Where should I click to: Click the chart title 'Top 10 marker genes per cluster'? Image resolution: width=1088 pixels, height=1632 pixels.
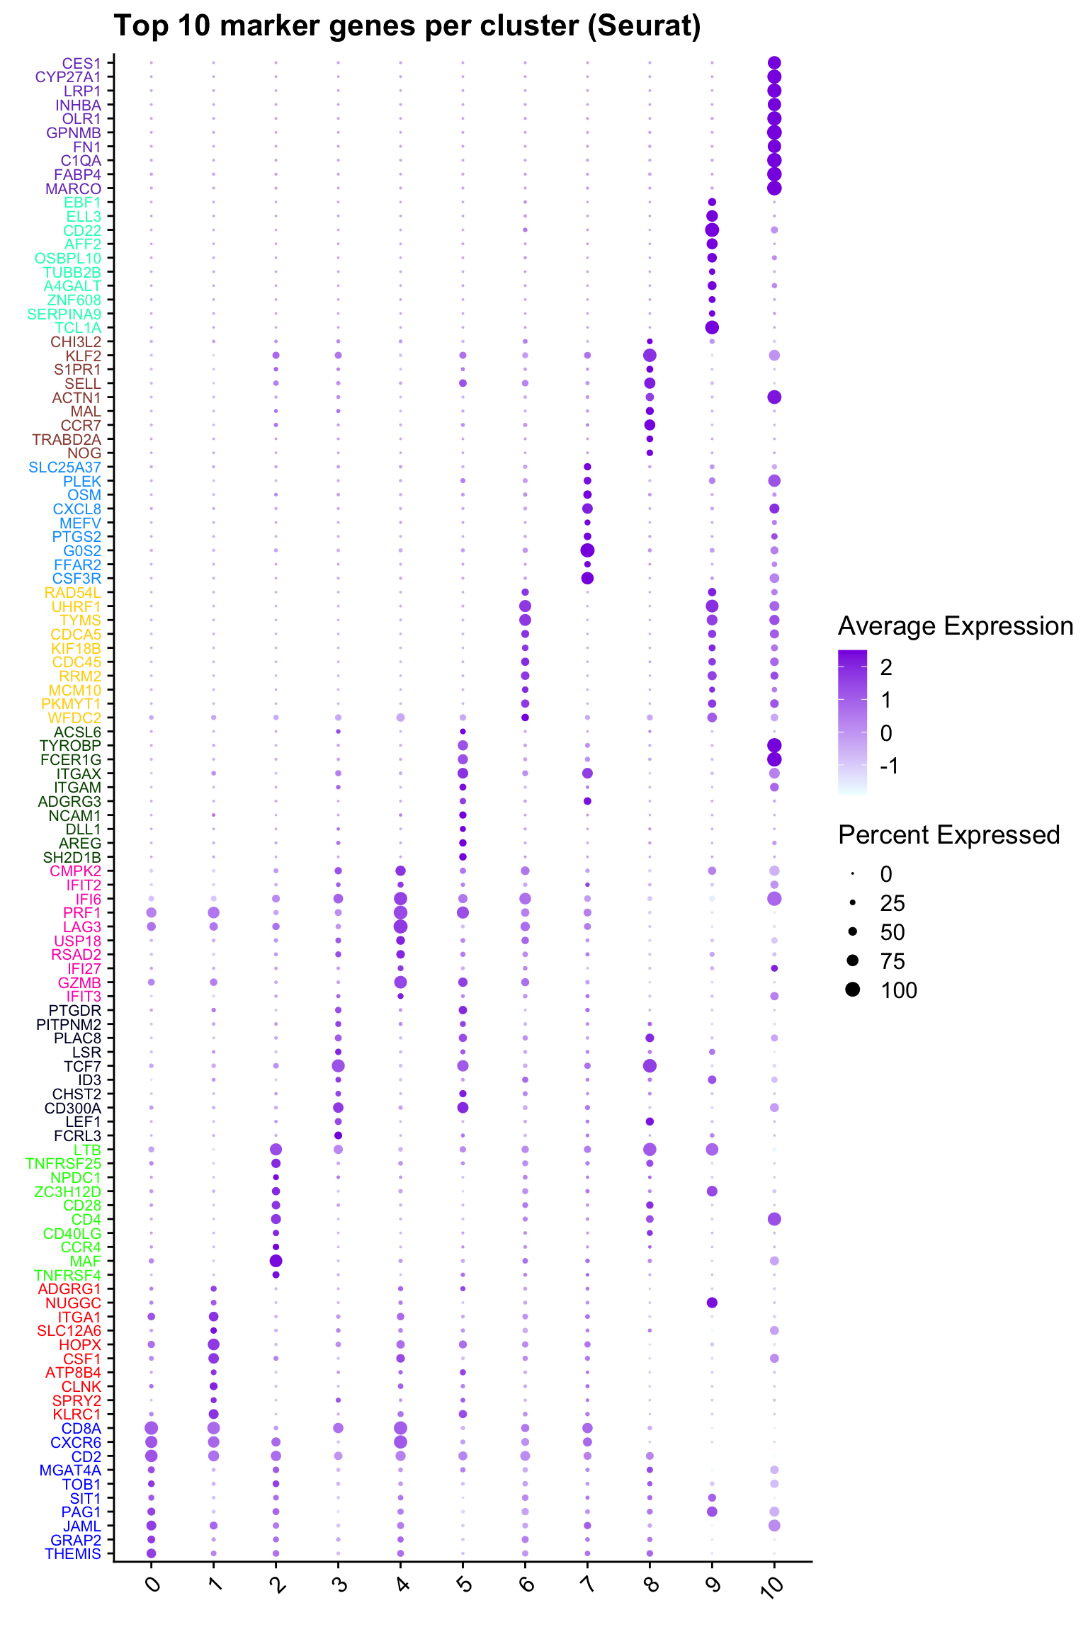(407, 26)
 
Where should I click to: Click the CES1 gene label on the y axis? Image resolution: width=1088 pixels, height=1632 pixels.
(81, 63)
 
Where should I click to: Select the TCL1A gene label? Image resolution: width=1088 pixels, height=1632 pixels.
(78, 328)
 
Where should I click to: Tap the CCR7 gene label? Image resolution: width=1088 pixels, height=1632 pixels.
(81, 426)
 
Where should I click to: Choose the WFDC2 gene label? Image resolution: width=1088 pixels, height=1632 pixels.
(74, 718)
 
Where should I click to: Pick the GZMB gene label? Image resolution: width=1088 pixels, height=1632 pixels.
(79, 983)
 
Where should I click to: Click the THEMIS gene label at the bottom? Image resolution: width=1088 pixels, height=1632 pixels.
(73, 1554)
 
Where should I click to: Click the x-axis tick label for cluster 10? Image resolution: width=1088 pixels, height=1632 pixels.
(773, 1585)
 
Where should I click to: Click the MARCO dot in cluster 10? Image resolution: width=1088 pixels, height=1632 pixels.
(774, 188)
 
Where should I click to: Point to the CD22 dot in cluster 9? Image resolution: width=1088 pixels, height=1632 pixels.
(712, 230)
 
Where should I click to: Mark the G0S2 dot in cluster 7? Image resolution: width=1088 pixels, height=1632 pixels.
(587, 550)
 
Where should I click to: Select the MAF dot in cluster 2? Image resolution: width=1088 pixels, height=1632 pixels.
(276, 1261)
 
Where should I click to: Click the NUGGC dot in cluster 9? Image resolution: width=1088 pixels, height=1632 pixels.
(712, 1303)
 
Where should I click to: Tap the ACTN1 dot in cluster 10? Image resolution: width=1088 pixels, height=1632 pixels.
(774, 397)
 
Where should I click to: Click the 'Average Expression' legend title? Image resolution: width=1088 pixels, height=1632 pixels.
(955, 627)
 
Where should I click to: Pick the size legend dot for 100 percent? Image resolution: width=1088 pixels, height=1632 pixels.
(852, 990)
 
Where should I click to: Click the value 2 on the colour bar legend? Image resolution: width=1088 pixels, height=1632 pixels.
(886, 667)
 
